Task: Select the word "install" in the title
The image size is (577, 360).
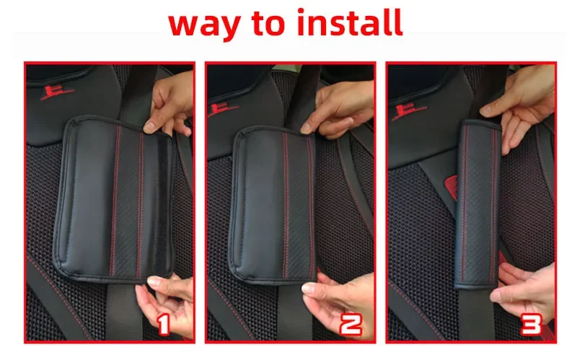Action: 350,22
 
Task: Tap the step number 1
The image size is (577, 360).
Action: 164,324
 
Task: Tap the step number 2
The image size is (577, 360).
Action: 351,324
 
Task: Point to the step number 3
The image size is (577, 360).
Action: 532,324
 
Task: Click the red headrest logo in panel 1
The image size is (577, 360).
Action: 56,93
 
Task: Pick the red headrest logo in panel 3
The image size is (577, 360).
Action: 408,112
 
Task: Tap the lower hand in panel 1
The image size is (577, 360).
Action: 167,304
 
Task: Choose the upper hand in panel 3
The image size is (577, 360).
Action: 521,107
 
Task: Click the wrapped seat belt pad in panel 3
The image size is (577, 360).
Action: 477,204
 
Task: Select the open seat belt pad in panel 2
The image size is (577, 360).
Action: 273,206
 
